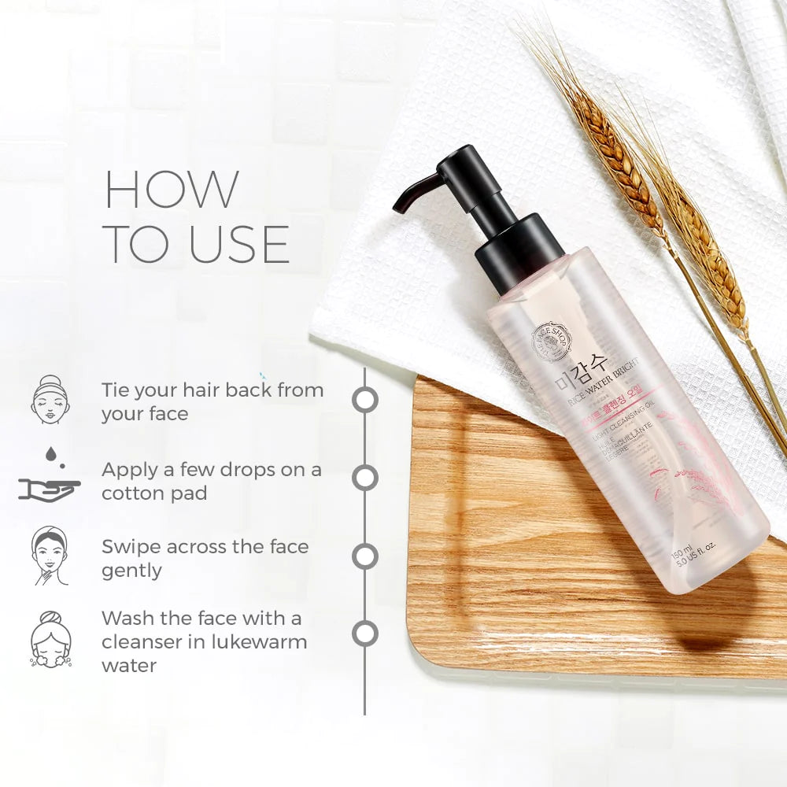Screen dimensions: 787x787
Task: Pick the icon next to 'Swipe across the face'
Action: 50,556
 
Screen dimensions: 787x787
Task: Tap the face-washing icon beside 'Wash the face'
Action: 50,638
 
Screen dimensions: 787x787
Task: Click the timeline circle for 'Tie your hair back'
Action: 364,399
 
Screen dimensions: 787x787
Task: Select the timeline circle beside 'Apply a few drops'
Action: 364,478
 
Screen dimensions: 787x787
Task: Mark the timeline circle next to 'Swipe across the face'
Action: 364,556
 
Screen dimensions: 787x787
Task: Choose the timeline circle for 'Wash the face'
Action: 364,634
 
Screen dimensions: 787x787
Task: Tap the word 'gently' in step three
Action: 131,571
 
